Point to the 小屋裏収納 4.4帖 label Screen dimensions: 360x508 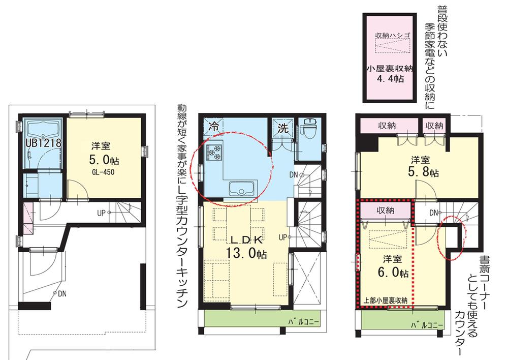click(x=390, y=74)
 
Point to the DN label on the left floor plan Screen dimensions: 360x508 click(x=60, y=293)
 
